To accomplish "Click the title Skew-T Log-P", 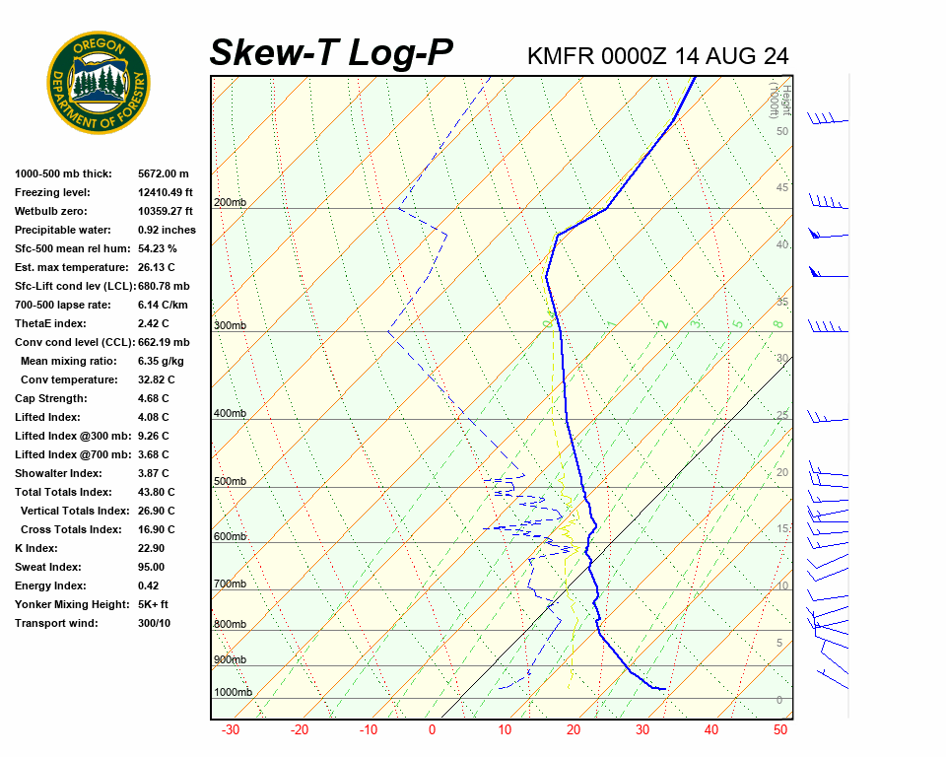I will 331,53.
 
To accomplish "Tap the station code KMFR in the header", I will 561,56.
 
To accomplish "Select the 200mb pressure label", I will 230,203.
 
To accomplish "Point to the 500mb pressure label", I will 230,482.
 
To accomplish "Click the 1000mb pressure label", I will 233,692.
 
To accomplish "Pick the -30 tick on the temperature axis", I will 231,730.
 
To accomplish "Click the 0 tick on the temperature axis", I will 432,730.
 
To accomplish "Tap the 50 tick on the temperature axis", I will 779,730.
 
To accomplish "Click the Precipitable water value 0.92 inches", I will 167,230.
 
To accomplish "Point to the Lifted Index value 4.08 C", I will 154,417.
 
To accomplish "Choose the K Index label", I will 36,548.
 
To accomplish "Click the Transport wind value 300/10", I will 154,623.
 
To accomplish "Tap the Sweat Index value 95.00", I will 152,567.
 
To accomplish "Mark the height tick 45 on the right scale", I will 782,188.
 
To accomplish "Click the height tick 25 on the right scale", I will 782,416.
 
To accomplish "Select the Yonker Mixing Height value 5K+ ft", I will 154,604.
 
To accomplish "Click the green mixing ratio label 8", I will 777,323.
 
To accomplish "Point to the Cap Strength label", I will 50,398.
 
